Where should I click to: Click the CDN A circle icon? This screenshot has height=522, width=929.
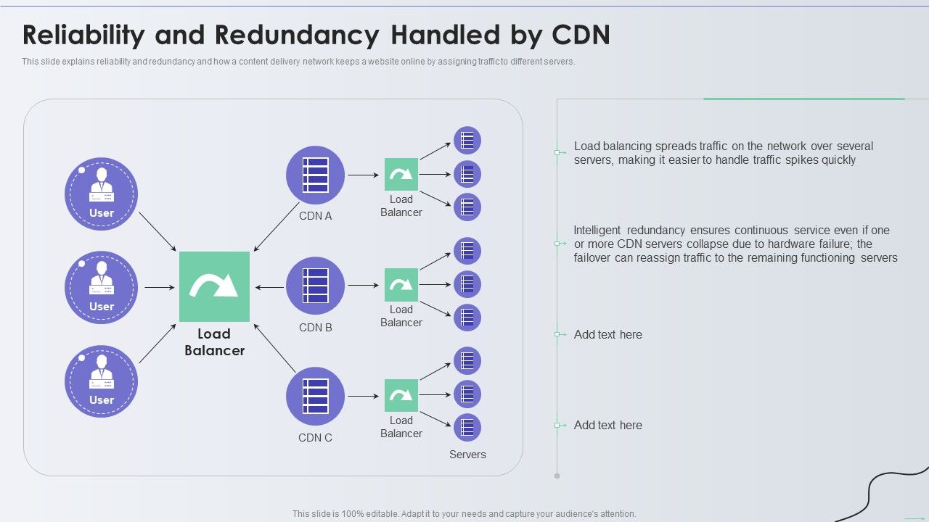[x=315, y=175]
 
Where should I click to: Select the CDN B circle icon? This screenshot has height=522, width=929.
[x=315, y=286]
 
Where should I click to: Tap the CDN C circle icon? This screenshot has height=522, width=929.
[x=315, y=396]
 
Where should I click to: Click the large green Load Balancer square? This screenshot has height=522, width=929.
[x=214, y=286]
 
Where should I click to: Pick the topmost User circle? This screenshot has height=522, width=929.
[x=101, y=194]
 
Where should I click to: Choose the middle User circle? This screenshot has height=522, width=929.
[x=101, y=287]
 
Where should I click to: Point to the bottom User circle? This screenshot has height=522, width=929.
[x=101, y=381]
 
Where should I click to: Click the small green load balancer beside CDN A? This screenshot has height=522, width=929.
[x=401, y=175]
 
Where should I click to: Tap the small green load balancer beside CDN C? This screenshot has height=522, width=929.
[x=401, y=395]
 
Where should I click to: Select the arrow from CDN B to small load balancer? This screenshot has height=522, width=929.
[x=364, y=286]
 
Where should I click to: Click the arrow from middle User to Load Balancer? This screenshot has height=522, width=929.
[x=159, y=288]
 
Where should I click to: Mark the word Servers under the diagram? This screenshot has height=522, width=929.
[x=467, y=455]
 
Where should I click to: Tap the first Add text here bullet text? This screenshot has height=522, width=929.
[x=608, y=334]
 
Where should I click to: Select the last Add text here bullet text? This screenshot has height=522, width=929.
[x=608, y=425]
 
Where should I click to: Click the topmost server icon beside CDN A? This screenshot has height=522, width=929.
[x=467, y=140]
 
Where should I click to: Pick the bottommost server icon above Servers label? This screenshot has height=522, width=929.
[x=467, y=428]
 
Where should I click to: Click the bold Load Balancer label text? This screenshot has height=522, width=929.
[x=214, y=342]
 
